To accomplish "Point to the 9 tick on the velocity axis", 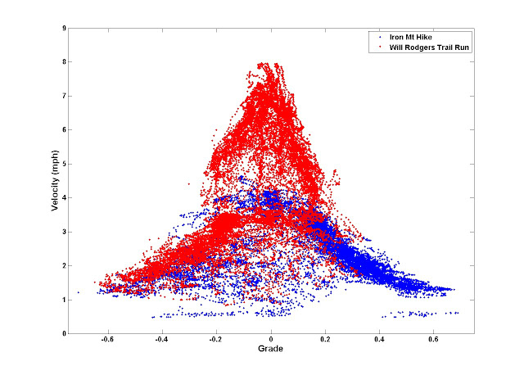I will [63, 28].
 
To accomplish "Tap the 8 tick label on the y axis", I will [63, 61].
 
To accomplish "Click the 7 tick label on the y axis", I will [63, 96].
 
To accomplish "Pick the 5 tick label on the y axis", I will [63, 164].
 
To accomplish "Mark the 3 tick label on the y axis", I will [63, 232].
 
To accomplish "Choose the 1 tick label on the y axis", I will [63, 300].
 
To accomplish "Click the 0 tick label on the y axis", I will [63, 334].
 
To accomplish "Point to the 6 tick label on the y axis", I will [63, 129].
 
